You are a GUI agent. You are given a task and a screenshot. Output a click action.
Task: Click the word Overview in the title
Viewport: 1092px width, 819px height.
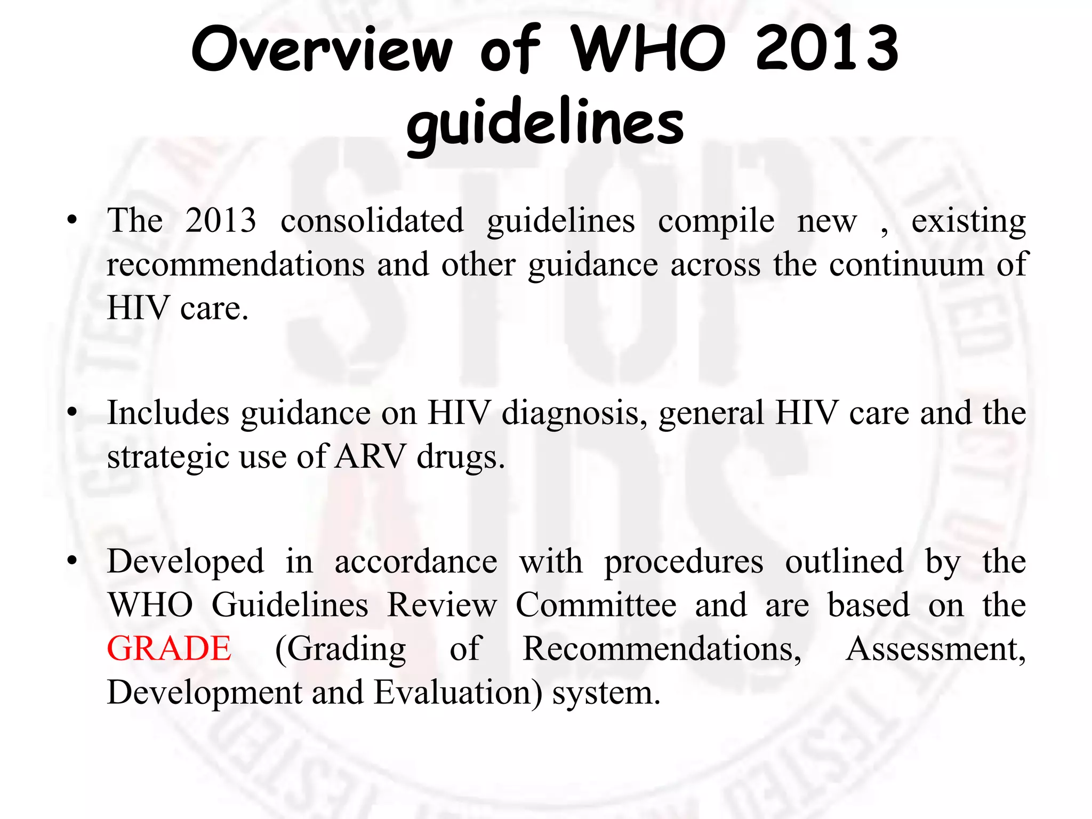(322, 49)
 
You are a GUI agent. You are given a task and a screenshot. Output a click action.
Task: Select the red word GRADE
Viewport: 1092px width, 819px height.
(169, 649)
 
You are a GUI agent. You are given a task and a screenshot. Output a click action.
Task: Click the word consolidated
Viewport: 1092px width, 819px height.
(372, 221)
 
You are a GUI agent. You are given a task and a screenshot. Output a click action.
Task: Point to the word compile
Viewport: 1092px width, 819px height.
(716, 222)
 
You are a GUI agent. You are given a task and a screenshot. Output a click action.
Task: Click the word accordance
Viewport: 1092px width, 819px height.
(416, 561)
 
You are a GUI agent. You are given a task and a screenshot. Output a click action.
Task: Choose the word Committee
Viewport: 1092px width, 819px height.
(596, 605)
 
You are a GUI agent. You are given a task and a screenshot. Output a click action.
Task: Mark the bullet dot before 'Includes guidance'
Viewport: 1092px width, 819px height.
(73, 413)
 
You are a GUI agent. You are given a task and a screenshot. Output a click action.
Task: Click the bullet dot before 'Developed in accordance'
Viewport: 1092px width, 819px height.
(73, 561)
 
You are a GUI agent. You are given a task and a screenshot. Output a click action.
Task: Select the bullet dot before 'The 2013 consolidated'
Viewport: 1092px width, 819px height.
(73, 220)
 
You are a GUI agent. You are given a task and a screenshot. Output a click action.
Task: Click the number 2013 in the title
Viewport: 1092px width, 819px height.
(827, 49)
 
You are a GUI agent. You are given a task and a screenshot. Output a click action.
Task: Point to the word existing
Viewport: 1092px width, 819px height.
(968, 222)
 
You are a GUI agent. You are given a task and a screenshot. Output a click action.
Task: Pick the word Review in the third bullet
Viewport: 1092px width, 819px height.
(442, 605)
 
